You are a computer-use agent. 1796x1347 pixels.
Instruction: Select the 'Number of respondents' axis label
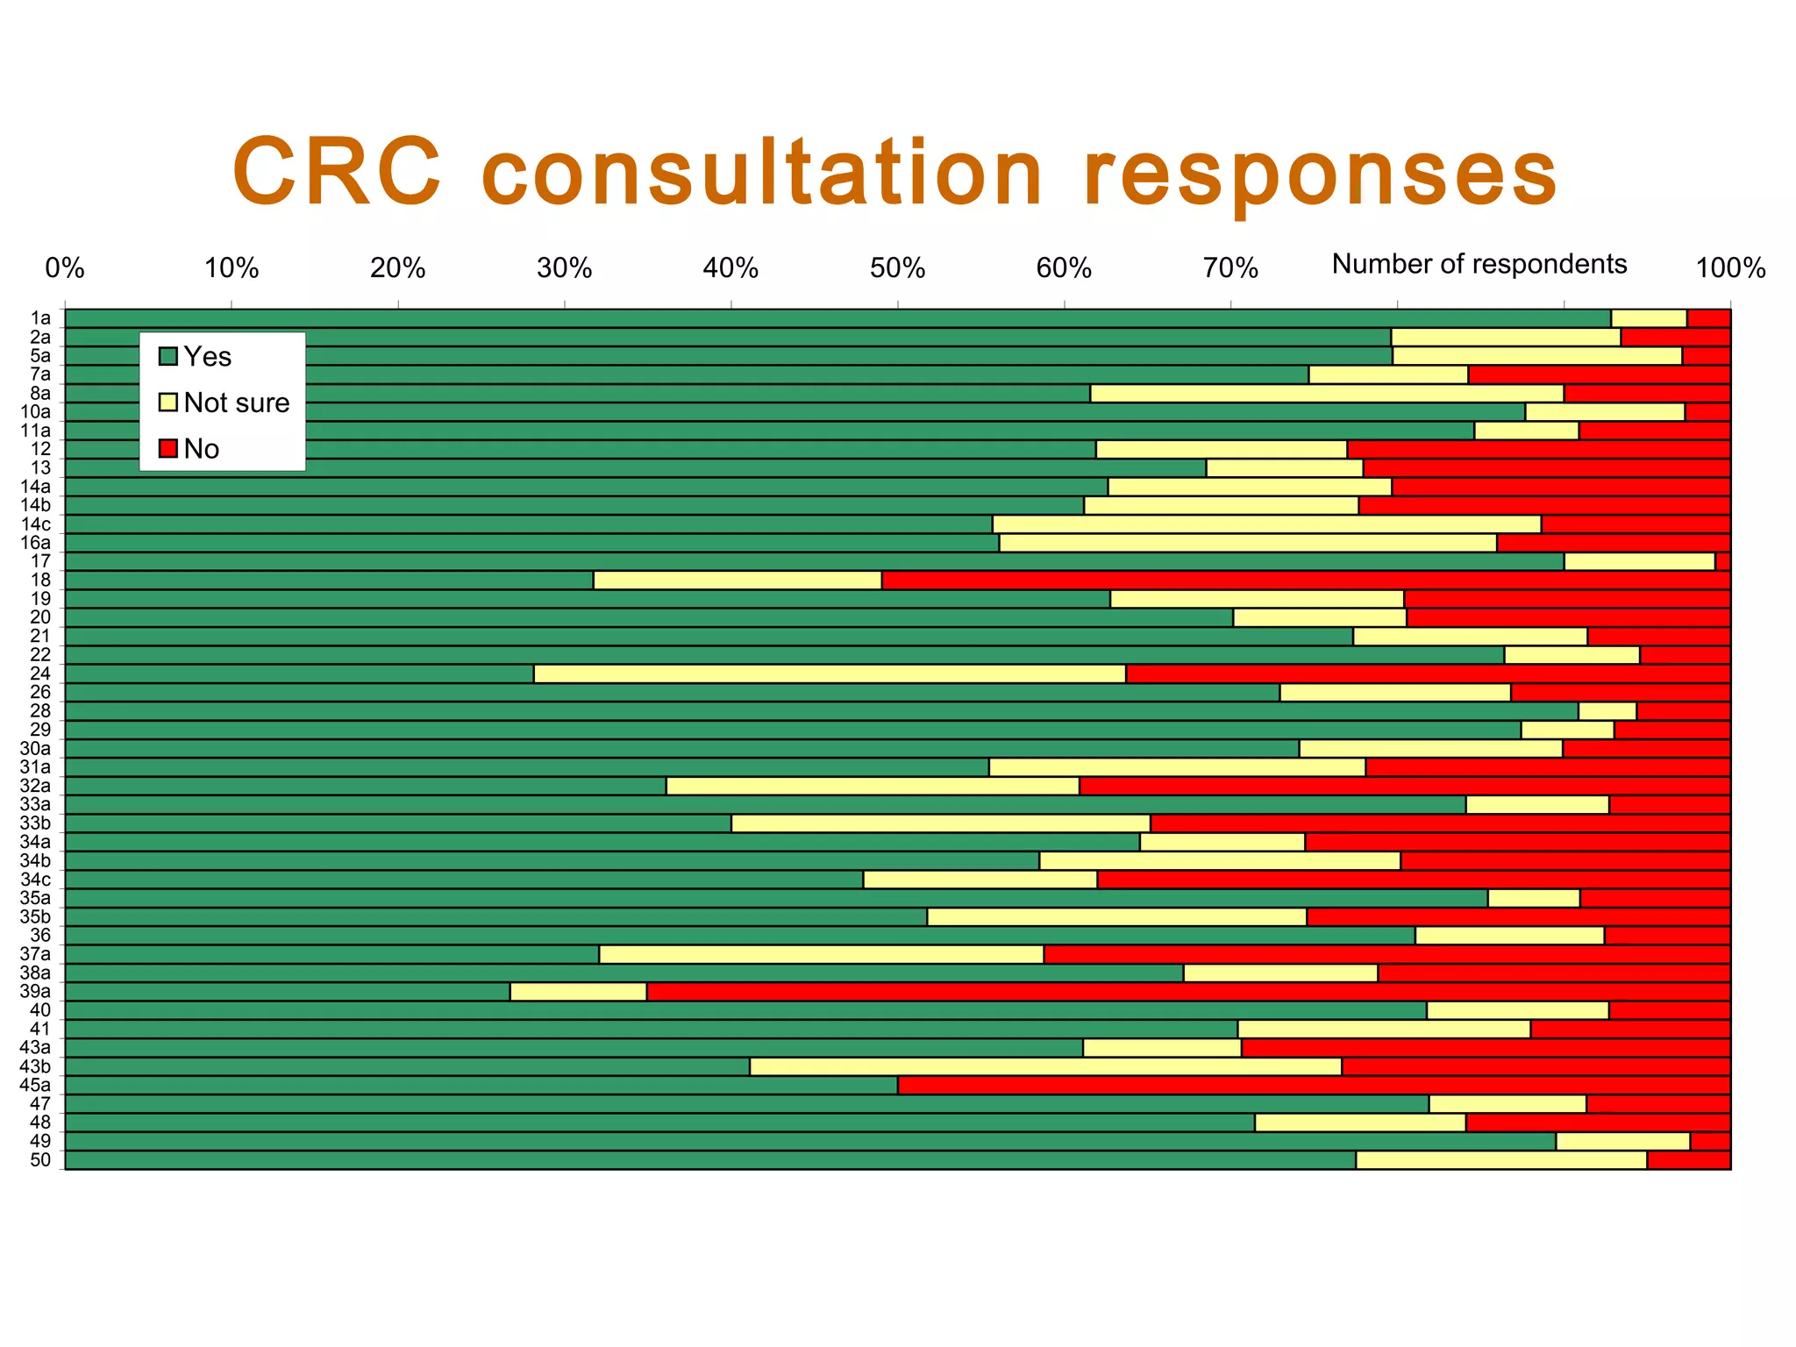pos(1479,264)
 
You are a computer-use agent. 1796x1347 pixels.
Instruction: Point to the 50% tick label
pos(897,268)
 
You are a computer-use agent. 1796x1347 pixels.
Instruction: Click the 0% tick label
pos(65,268)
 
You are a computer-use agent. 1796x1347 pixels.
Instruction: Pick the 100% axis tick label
pos(1729,268)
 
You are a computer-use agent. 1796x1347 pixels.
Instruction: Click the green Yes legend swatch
pos(168,357)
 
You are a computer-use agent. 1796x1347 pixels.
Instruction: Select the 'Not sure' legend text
pos(236,403)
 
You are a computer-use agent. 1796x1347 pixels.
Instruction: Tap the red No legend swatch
pos(168,449)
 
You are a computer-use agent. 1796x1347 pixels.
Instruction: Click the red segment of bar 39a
pos(1187,992)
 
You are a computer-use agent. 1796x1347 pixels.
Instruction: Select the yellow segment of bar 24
pos(830,673)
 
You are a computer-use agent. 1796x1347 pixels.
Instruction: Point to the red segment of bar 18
pos(1305,580)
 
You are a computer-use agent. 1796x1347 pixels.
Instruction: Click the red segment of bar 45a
pos(1313,1085)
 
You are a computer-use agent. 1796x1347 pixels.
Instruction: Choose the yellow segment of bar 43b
pos(1045,1066)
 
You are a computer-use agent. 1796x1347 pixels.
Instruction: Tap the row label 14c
pos(36,524)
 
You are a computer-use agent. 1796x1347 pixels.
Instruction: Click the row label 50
pos(40,1160)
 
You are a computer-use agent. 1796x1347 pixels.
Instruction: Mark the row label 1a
pos(40,318)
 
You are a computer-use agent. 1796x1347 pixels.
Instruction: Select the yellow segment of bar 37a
pos(821,954)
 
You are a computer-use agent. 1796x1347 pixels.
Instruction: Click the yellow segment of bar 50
pos(1501,1160)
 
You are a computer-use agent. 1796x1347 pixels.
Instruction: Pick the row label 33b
pos(36,823)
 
